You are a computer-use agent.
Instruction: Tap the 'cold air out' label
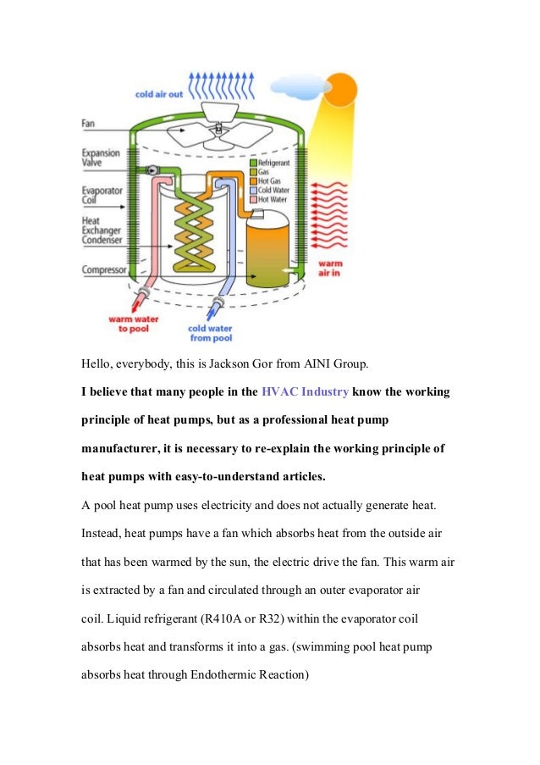click(158, 95)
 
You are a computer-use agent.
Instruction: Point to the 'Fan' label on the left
click(88, 124)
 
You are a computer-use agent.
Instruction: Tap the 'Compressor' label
click(104, 270)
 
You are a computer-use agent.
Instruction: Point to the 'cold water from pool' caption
click(210, 333)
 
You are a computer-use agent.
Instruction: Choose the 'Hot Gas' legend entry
click(273, 180)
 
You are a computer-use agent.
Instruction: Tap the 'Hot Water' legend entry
click(275, 199)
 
